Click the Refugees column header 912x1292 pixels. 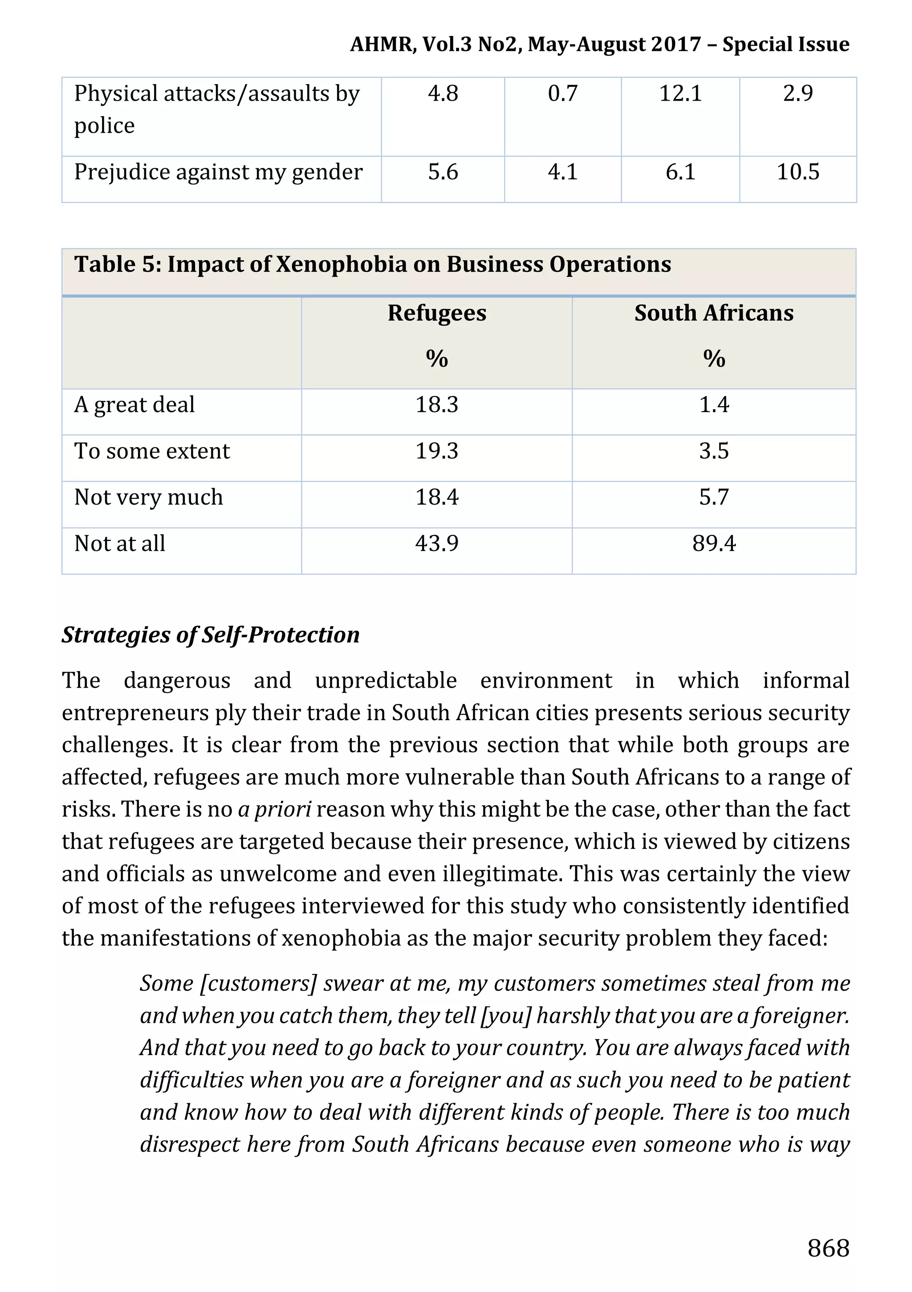[436, 313]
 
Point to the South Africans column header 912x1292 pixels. [713, 313]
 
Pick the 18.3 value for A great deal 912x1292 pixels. [436, 404]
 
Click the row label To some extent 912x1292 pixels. [152, 451]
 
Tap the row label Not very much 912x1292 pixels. [149, 497]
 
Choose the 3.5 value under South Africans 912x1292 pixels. [713, 451]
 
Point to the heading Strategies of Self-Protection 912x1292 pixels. [211, 635]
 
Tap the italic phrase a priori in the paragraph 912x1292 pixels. [274, 809]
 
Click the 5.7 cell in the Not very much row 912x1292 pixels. [713, 497]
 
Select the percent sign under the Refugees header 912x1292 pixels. [436, 359]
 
